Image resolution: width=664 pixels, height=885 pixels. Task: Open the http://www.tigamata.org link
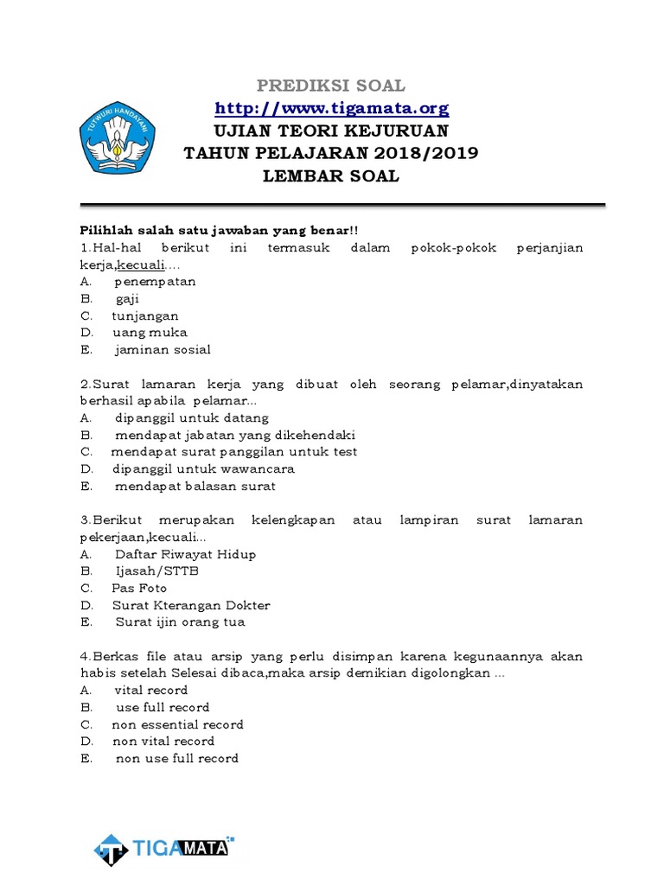pos(332,108)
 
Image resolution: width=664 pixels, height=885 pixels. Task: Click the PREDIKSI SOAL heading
pos(332,86)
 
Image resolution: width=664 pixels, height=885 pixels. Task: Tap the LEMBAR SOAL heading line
pos(332,175)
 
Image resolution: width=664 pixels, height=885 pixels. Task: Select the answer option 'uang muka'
pos(150,333)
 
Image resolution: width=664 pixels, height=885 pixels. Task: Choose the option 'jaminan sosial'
pos(163,350)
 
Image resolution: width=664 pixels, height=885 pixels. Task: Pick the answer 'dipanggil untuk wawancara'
pos(203,468)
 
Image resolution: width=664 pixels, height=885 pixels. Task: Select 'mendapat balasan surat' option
pos(195,486)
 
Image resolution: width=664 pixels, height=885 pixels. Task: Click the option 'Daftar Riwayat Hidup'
pos(185,554)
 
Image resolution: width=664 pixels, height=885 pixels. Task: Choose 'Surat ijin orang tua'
pos(180,622)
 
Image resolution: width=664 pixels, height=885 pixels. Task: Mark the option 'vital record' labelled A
pos(150,691)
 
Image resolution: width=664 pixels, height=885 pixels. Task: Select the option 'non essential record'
pos(177,724)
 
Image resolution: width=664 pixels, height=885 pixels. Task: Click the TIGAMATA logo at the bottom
pos(163,825)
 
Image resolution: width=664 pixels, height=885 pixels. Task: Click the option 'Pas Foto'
pos(139,589)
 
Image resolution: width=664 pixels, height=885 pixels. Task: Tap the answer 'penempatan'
pos(155,282)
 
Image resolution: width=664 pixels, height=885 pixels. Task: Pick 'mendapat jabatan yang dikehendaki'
pos(235,435)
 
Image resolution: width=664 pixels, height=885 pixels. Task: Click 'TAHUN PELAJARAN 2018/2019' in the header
pos(332,153)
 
